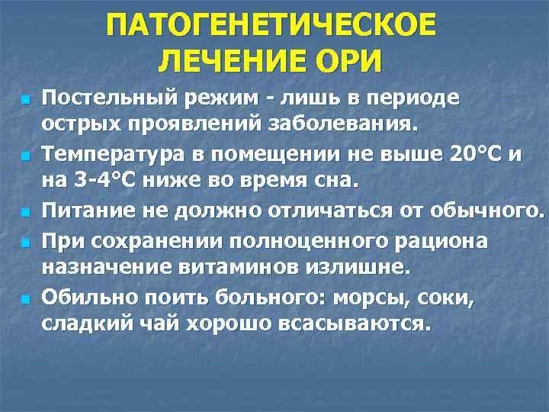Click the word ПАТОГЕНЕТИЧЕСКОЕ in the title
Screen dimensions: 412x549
[272, 24]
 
